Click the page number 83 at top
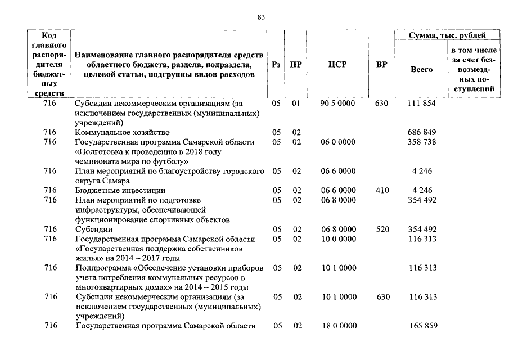pos(261,17)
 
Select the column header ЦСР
pos(337,65)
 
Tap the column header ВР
pos(381,65)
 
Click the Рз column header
pos(276,65)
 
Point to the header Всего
pos(421,70)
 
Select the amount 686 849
pos(421,132)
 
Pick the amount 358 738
pos(421,142)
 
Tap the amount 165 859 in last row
pos(421,326)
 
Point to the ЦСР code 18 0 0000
pos(337,326)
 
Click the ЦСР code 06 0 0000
pos(337,142)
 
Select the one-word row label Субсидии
pos(93,229)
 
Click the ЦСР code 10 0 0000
pos(337,239)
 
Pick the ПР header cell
pos(296,65)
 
